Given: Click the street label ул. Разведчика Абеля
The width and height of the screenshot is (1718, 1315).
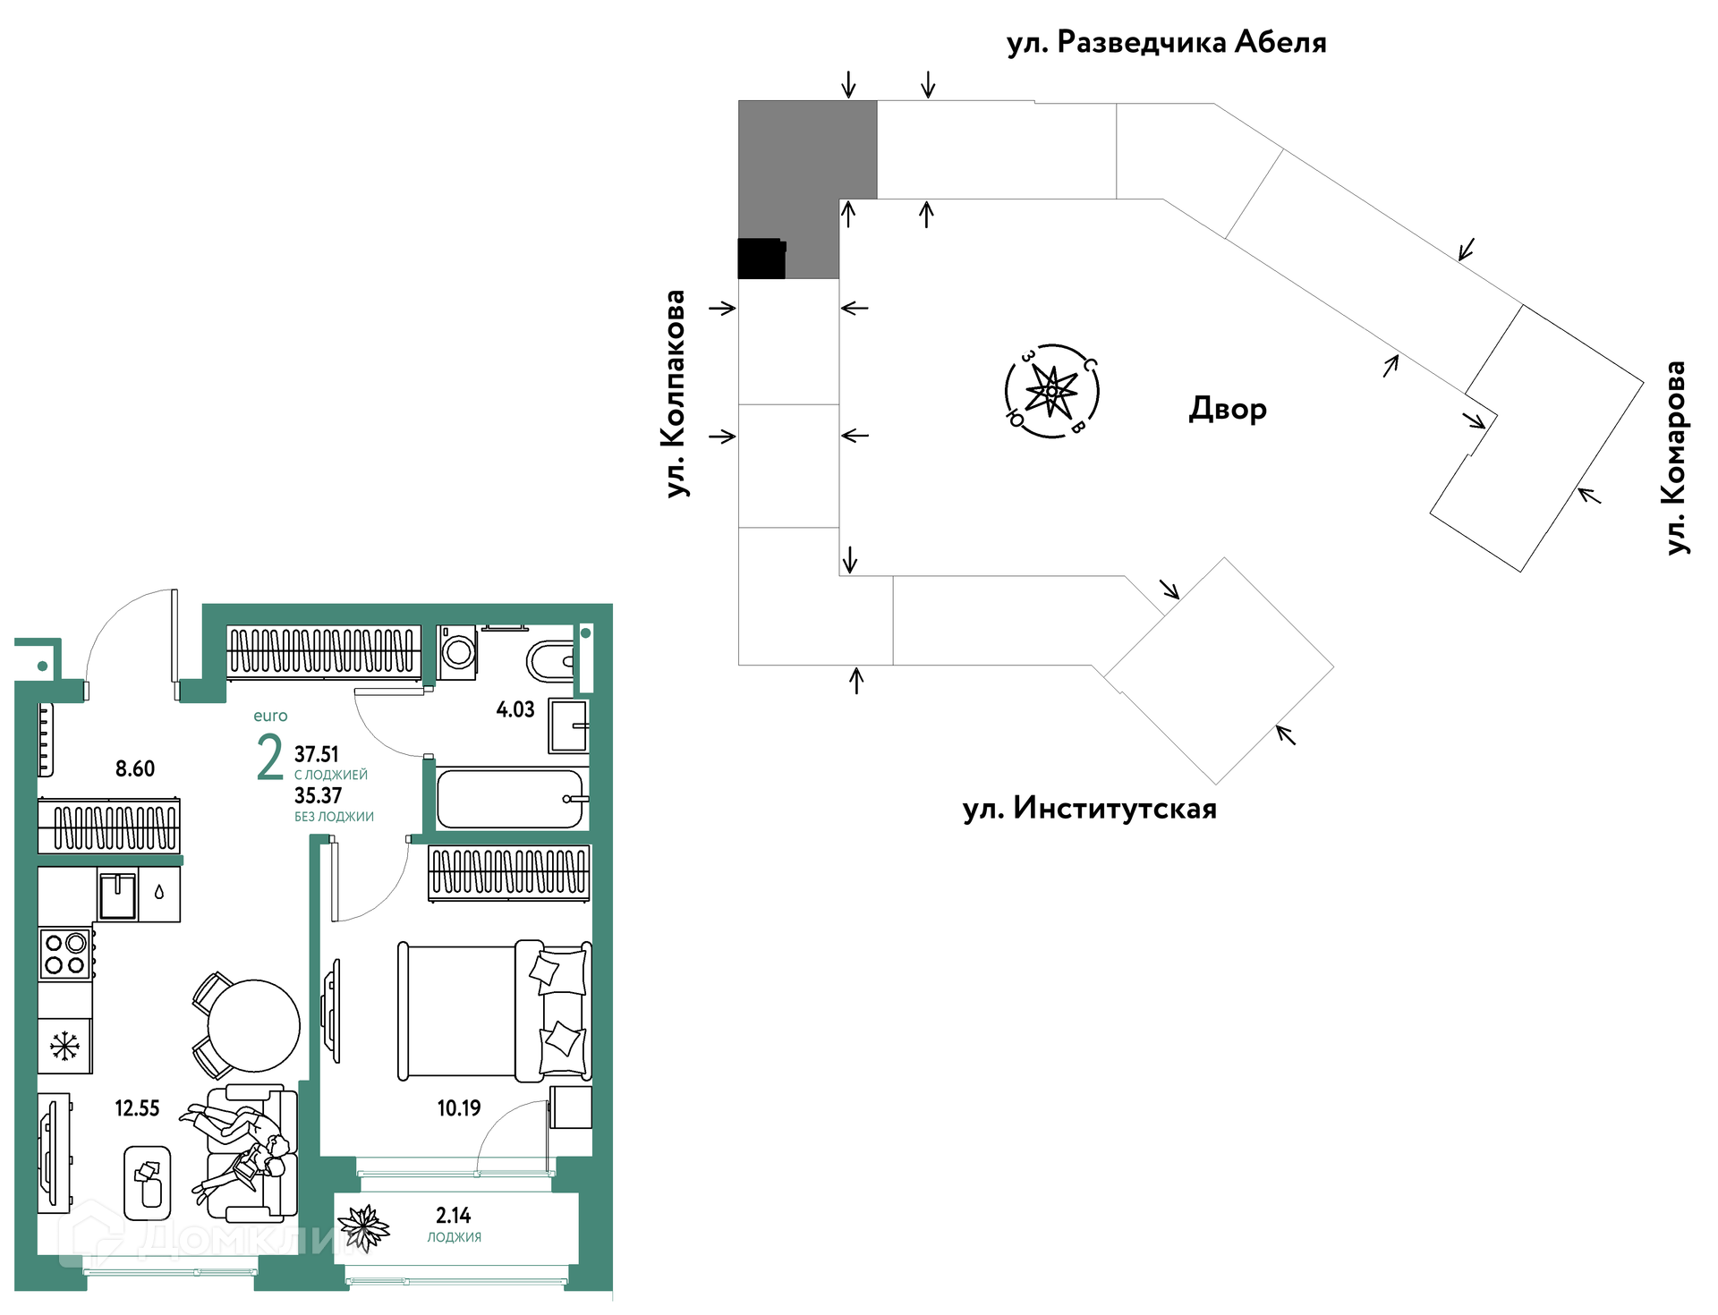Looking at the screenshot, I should (1166, 42).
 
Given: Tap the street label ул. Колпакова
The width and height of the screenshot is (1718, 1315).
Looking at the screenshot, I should (676, 393).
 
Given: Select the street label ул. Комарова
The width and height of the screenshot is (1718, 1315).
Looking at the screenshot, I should (1676, 457).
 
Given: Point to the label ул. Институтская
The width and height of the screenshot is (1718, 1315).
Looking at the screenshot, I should (1089, 809).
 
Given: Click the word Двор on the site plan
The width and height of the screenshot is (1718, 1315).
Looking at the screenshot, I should (1228, 409).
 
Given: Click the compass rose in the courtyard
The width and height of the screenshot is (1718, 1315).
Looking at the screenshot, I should (1051, 392).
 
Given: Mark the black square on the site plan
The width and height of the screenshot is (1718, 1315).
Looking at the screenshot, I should (761, 259).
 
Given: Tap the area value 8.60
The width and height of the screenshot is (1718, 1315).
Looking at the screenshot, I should (135, 768).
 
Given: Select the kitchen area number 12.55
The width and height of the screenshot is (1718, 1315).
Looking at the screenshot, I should (137, 1108).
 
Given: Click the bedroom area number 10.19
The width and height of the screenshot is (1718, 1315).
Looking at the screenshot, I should (459, 1108).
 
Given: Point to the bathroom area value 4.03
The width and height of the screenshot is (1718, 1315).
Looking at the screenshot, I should (515, 709).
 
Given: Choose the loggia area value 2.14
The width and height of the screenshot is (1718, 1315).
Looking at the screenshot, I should (454, 1215).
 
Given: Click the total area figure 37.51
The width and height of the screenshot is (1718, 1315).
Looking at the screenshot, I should (317, 754).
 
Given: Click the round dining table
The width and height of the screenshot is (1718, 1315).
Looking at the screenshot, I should (254, 1025).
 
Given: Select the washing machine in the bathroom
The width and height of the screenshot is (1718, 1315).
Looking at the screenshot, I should (457, 651).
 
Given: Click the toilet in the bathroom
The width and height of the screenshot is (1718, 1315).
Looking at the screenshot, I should (550, 661).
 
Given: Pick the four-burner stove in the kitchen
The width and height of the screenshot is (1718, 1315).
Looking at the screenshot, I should (65, 954).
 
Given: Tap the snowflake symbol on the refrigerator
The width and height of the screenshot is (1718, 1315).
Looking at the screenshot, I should (64, 1046).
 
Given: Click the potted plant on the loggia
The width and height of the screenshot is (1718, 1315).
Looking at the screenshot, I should (363, 1226).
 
